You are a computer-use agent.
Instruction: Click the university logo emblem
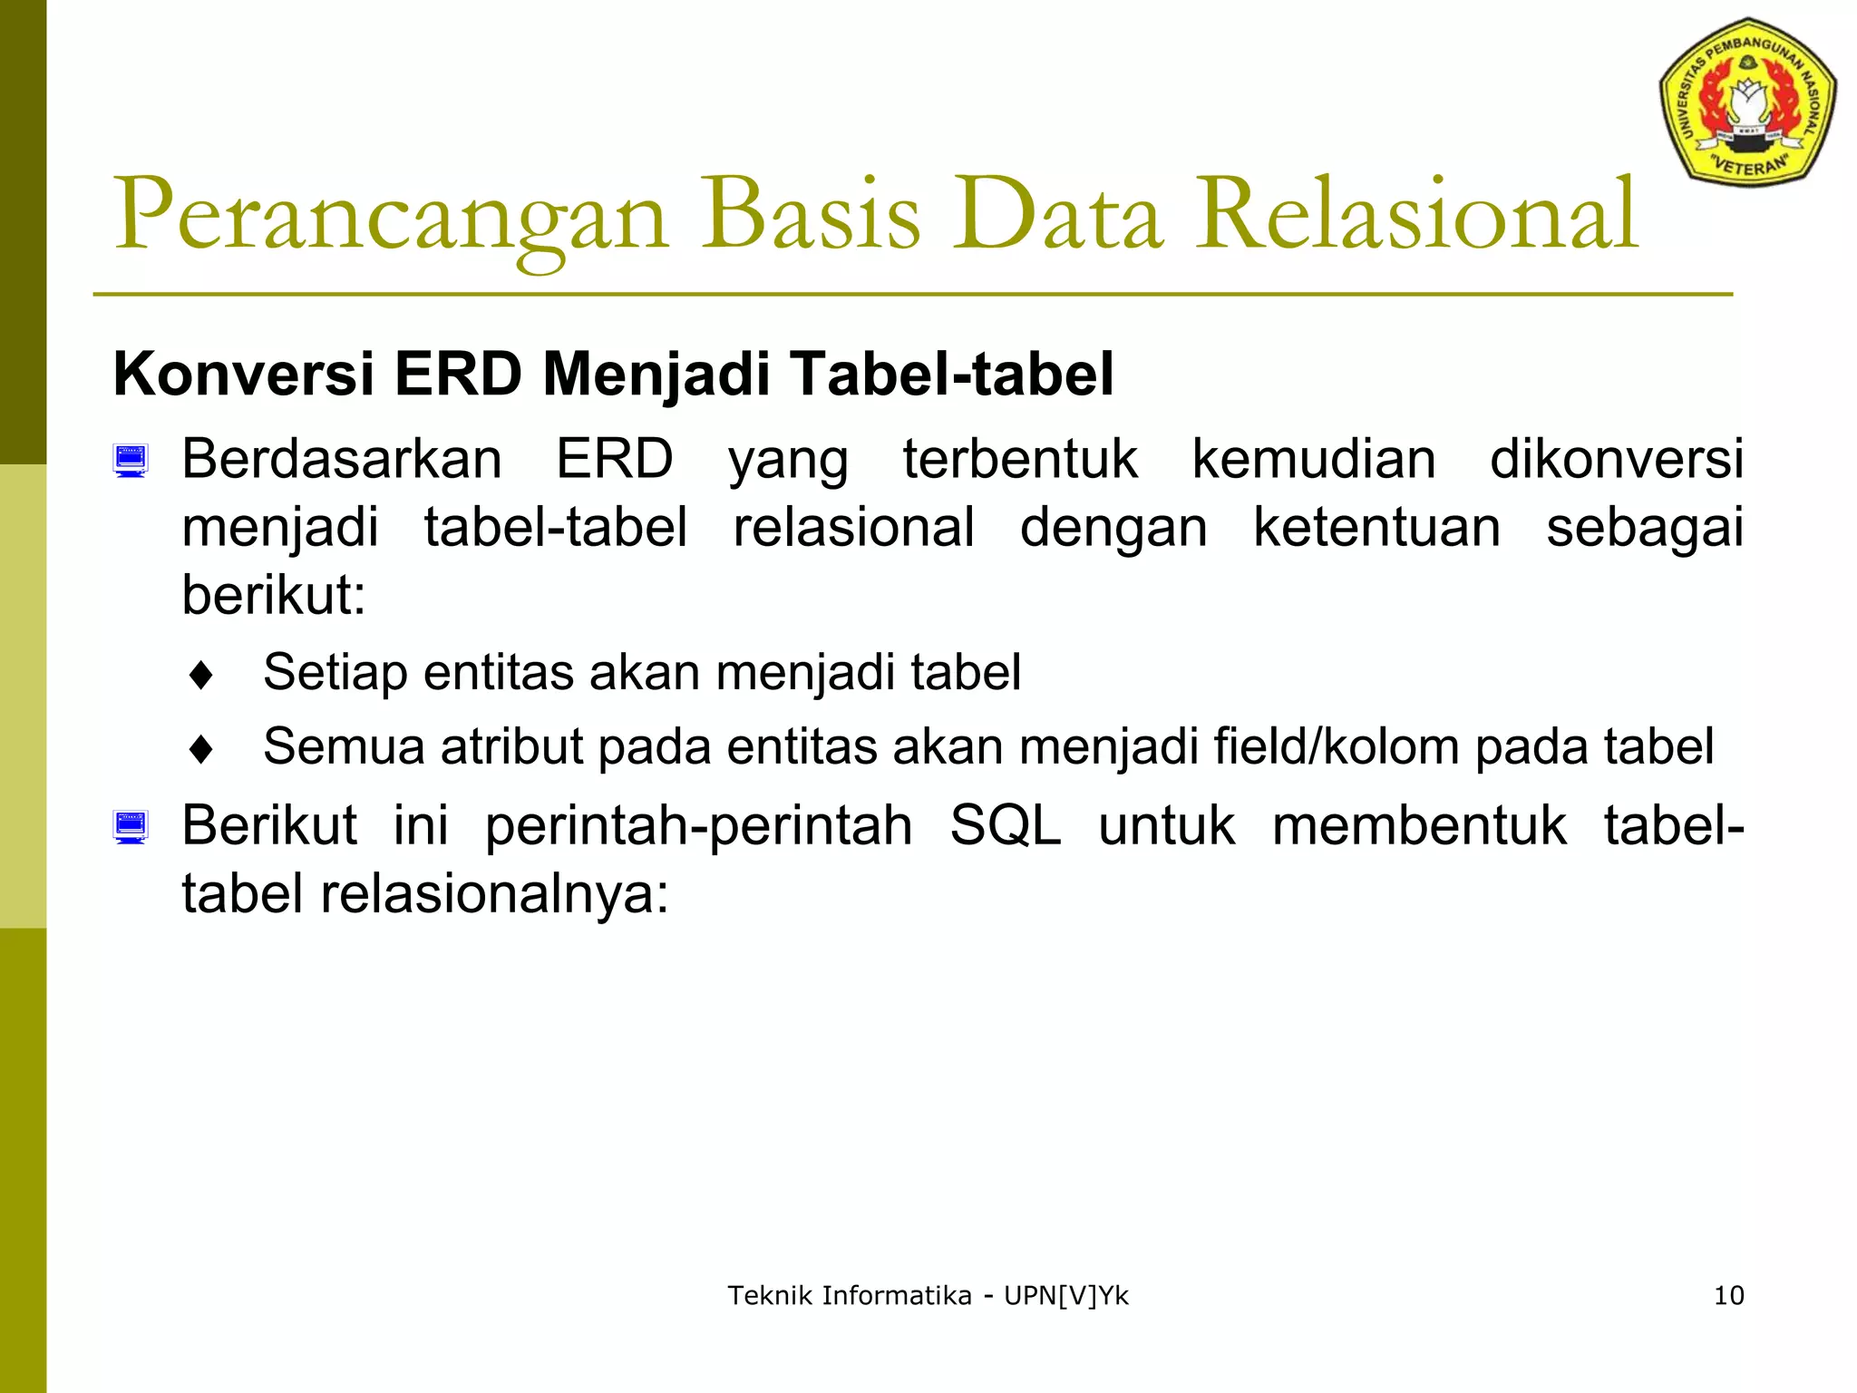click(x=1747, y=102)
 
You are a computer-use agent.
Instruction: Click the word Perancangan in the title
click(x=390, y=216)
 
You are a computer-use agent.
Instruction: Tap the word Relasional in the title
click(x=1415, y=216)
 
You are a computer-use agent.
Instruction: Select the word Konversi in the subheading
click(x=243, y=375)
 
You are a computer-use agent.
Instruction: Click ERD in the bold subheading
click(x=458, y=375)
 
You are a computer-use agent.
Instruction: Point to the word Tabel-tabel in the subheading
click(x=951, y=375)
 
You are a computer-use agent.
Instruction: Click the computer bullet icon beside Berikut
click(x=131, y=827)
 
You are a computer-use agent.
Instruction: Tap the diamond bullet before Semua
click(x=201, y=750)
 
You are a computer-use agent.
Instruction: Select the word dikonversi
click(x=1616, y=459)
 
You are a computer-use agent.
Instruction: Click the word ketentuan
click(x=1376, y=528)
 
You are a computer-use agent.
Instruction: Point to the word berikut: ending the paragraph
click(x=273, y=596)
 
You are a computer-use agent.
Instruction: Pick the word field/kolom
click(x=1337, y=747)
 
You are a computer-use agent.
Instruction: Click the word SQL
click(x=1005, y=826)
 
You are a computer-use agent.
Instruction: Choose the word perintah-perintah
click(x=698, y=826)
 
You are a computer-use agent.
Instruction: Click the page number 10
click(x=1728, y=1296)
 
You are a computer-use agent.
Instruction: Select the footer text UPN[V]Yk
click(x=1066, y=1296)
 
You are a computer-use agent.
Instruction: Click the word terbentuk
click(x=1019, y=459)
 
